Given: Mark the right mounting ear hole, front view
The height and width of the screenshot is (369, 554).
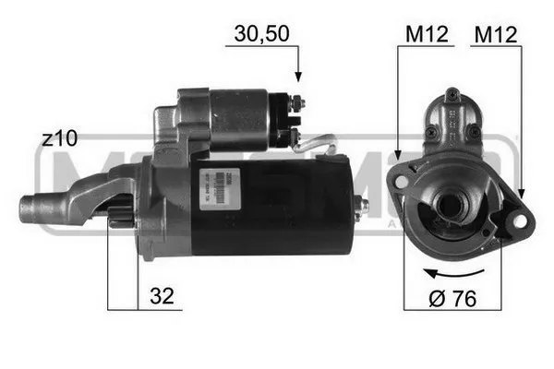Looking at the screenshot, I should coord(519,221).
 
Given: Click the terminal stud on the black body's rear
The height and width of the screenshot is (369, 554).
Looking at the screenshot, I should coord(363,205).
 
